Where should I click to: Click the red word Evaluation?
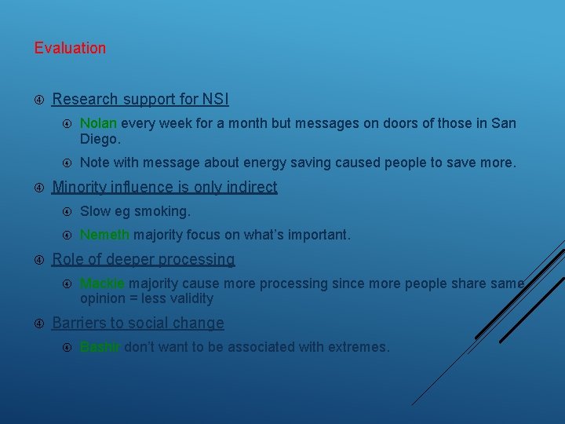[70, 48]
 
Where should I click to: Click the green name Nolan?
[98, 123]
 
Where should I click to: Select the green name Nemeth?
[104, 235]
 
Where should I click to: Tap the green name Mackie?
[102, 283]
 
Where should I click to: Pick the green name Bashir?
[100, 347]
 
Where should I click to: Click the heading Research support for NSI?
[140, 100]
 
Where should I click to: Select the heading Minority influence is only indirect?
[164, 187]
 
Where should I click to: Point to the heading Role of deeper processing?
[143, 259]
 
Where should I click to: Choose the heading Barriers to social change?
[137, 323]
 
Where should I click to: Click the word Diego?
[100, 139]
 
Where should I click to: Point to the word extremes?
[357, 347]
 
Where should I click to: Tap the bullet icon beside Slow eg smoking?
[67, 211]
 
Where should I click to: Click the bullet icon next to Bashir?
[67, 347]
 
